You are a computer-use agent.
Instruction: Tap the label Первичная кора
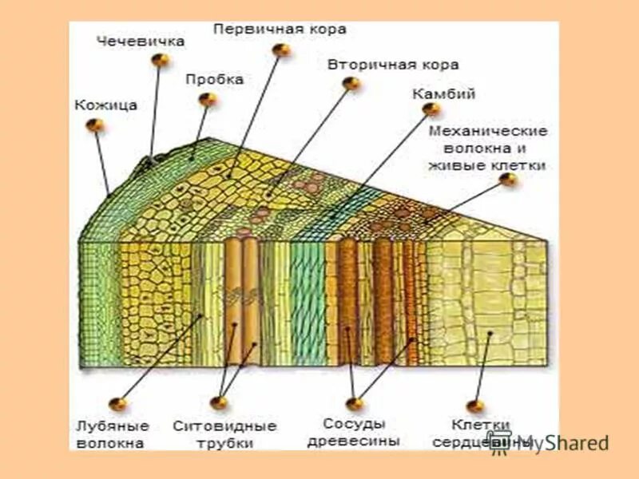coord(280,29)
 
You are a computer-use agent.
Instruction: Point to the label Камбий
coord(444,94)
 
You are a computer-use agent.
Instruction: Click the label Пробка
coord(214,80)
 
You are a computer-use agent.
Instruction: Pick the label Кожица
coord(106,105)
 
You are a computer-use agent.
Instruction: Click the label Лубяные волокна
coord(111,433)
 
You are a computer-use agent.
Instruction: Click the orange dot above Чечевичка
coord(161,60)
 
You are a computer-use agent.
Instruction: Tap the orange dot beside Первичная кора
coord(281,49)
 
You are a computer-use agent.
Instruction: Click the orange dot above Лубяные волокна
coord(118,404)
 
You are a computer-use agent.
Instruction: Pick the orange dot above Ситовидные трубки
coord(220,404)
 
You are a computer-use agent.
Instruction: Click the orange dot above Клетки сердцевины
coord(476,406)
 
